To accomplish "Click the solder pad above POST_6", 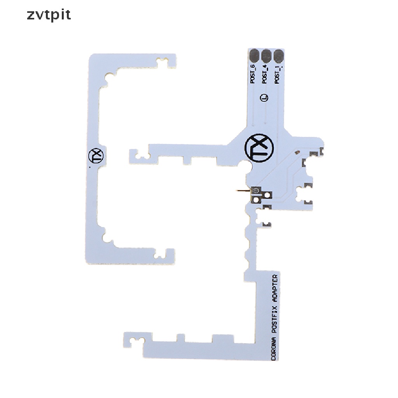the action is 254,56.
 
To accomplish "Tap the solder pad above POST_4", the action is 266,56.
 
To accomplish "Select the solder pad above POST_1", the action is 278,56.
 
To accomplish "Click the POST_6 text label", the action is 253,74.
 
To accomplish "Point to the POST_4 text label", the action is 265,74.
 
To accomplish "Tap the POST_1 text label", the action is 277,74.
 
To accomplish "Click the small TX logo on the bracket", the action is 95,156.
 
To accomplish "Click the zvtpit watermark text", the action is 49,15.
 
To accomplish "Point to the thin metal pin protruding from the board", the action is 242,191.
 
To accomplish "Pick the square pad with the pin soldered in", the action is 257,191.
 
